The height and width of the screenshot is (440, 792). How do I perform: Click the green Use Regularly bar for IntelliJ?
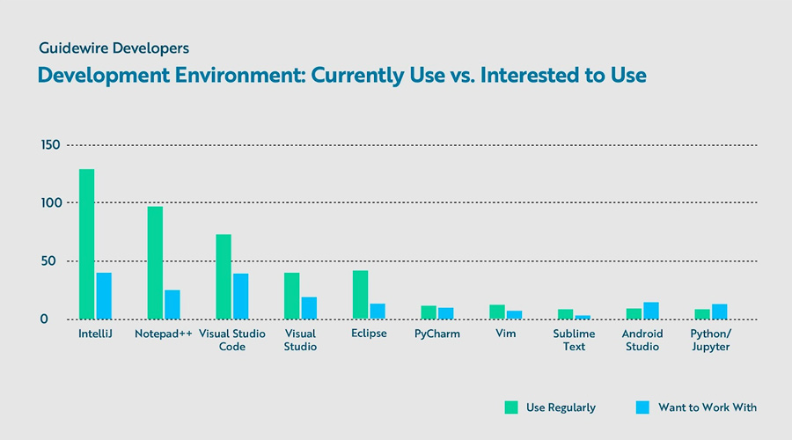coord(86,244)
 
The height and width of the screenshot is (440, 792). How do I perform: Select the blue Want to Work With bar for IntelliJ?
coord(104,296)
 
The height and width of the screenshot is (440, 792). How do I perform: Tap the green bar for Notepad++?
coord(155,262)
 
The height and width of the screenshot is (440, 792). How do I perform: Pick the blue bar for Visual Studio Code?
coord(240,297)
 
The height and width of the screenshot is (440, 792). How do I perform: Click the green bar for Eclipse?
coord(360,294)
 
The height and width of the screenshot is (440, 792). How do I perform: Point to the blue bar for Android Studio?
coord(651,311)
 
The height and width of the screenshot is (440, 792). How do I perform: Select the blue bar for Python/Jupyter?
coord(720,312)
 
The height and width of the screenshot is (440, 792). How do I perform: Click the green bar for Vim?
coord(497,312)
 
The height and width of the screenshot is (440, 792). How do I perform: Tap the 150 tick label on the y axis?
coord(50,145)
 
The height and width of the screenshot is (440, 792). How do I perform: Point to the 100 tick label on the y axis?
coord(50,203)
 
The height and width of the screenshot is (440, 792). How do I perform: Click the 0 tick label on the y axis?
coord(43,319)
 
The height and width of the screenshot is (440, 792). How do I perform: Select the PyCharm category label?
coord(437,334)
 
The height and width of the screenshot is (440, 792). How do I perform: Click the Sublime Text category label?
coord(574,341)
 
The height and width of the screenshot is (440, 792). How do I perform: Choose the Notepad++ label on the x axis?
coord(163,334)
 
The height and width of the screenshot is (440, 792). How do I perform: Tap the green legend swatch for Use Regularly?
coord(511,407)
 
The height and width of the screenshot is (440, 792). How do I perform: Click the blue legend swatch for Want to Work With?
coord(642,407)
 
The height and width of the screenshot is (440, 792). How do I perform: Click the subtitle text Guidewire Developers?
coord(114,48)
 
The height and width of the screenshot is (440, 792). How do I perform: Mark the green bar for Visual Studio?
coord(291,296)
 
